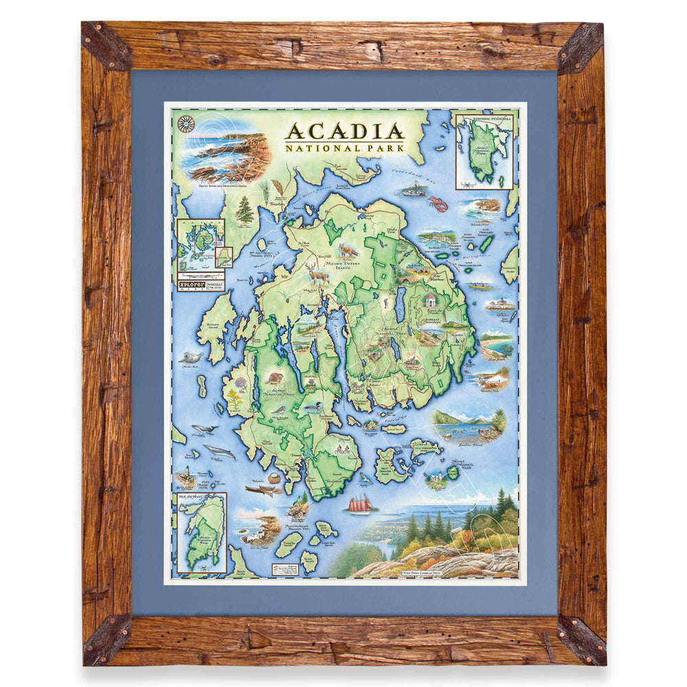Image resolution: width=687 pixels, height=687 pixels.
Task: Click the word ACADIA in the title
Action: [344, 131]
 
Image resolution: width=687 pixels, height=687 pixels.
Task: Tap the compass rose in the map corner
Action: [185, 124]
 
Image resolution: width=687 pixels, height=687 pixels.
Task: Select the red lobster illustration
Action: [438, 203]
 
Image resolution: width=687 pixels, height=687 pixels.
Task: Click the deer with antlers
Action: [318, 272]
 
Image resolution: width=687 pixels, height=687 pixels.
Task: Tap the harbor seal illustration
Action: [190, 358]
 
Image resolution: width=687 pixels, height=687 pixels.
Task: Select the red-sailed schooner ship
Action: [360, 504]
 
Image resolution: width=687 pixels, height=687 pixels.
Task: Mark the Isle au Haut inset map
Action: [201, 532]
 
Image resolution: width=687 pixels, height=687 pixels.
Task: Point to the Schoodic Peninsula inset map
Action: [484, 151]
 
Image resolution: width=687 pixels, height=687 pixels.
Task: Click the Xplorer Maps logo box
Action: [200, 283]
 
